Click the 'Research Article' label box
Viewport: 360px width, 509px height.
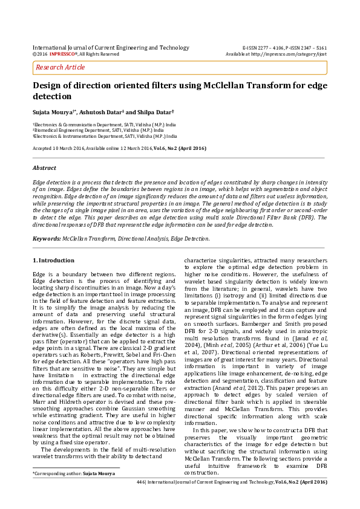coord(61,67)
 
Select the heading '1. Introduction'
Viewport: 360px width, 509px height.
coord(53,260)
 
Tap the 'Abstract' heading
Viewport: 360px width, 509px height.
coord(44,167)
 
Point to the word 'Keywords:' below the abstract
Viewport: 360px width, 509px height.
coord(47,238)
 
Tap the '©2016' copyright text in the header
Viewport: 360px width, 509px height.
coord(39,54)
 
